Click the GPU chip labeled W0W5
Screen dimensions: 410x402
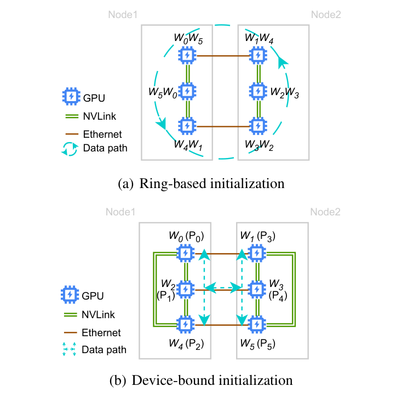pos(187,55)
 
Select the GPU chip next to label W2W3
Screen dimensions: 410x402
pos(256,90)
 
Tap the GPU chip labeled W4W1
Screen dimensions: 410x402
pos(187,126)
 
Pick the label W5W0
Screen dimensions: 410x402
pos(163,90)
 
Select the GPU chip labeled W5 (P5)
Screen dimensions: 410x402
pos(256,324)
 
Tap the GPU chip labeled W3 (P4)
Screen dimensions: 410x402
pos(256,289)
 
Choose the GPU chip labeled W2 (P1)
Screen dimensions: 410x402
pos(187,289)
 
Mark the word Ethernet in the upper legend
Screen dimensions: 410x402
pos(102,133)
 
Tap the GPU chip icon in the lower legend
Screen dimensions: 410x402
pos(70,295)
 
